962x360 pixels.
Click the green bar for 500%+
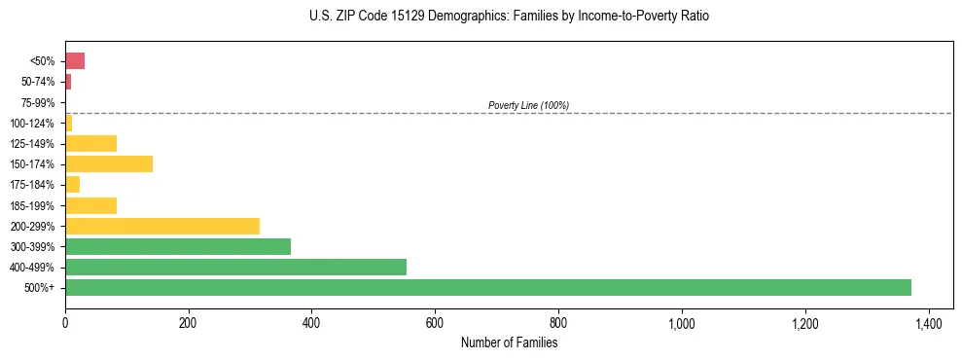pyautogui.click(x=488, y=287)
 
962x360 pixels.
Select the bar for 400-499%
pyautogui.click(x=235, y=267)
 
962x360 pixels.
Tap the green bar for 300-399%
pyautogui.click(x=178, y=246)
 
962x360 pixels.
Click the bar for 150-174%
pyautogui.click(x=109, y=163)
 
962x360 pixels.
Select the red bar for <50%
pyautogui.click(x=75, y=61)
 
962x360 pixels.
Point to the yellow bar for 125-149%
pyautogui.click(x=90, y=143)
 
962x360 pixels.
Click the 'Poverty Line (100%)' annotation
pyautogui.click(x=528, y=105)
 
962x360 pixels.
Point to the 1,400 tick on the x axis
pyautogui.click(x=928, y=323)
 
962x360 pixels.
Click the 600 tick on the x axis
pyautogui.click(x=435, y=323)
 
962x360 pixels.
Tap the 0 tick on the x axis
pyautogui.click(x=65, y=323)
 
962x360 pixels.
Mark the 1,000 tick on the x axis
pyautogui.click(x=682, y=323)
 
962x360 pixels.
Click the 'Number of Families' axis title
pyautogui.click(x=509, y=342)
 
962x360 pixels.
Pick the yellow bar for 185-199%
pyautogui.click(x=90, y=205)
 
